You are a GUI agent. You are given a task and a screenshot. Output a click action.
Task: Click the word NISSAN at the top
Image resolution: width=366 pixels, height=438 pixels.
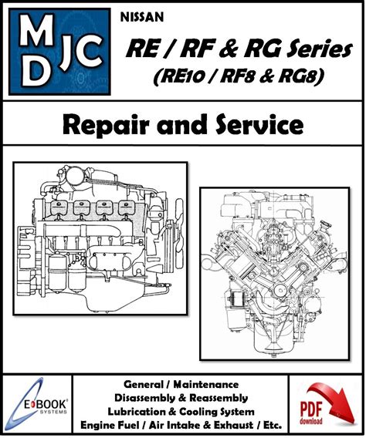(x=142, y=17)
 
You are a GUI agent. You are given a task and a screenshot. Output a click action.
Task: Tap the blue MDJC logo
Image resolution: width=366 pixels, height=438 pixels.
(x=59, y=52)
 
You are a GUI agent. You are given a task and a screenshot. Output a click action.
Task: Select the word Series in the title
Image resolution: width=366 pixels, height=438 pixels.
(x=320, y=49)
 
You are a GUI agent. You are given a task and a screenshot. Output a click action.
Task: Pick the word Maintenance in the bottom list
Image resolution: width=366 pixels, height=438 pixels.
(x=206, y=385)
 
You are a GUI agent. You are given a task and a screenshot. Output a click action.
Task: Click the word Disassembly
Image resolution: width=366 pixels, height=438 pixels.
(x=146, y=398)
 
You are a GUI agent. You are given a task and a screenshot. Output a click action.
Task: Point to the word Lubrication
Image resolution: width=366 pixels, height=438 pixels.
(x=139, y=412)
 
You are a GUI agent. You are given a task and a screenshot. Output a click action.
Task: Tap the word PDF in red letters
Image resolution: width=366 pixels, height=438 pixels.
(x=311, y=409)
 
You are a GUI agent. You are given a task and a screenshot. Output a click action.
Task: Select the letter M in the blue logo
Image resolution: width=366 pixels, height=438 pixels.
(x=36, y=29)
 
